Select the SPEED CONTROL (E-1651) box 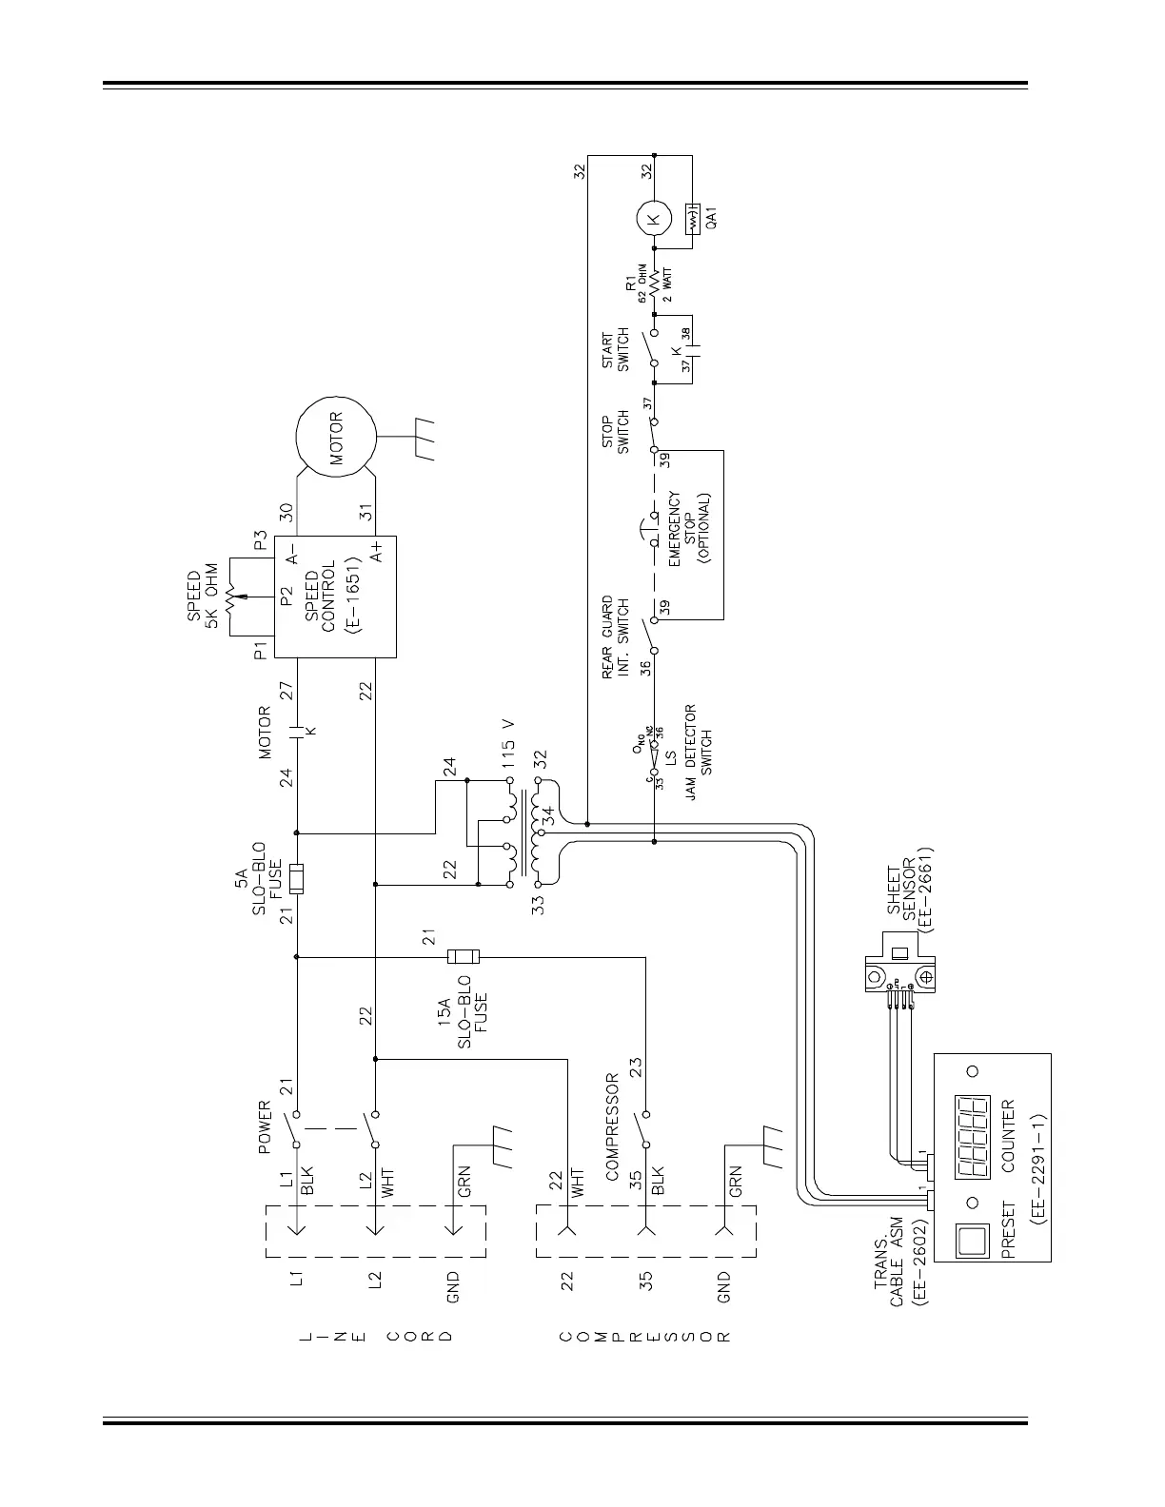(x=335, y=597)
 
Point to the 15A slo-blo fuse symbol (x=463, y=956)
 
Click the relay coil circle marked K (x=653, y=221)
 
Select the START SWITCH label (x=616, y=351)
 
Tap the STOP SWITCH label (x=616, y=433)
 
